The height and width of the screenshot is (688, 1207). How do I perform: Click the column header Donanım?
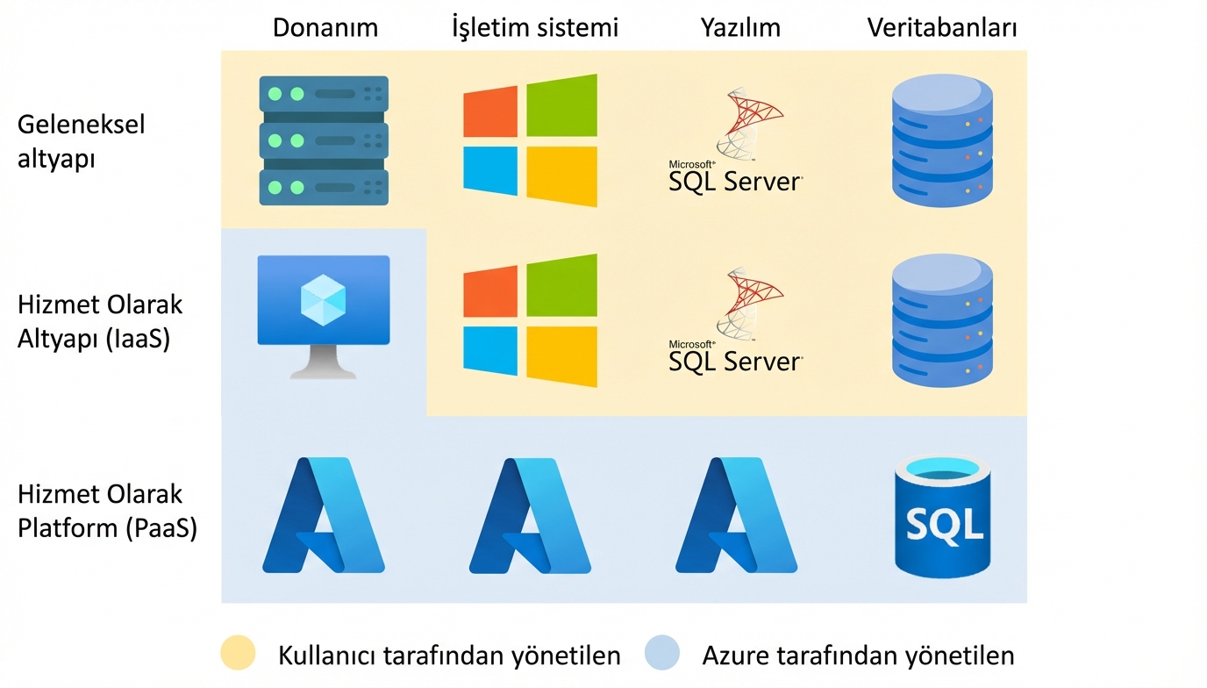click(x=325, y=27)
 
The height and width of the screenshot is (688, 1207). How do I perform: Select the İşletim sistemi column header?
click(x=534, y=27)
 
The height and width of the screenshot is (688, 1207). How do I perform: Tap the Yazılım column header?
click(x=740, y=27)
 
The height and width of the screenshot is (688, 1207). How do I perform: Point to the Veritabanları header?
click(x=942, y=27)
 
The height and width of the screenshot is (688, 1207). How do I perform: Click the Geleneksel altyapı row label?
click(x=81, y=141)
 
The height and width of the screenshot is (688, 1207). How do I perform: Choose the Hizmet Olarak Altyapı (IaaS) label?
click(x=100, y=322)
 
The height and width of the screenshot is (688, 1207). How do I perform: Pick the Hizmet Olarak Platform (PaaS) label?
click(x=107, y=511)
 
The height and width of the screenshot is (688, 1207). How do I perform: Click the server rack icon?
click(x=324, y=140)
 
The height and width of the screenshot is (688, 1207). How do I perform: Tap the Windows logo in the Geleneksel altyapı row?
click(x=530, y=140)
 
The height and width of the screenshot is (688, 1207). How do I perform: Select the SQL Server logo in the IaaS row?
click(x=735, y=320)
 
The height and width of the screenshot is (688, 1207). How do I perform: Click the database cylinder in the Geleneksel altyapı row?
click(x=942, y=140)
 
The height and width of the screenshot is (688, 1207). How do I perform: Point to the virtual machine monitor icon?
click(x=324, y=317)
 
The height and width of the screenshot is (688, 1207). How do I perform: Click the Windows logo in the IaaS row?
click(x=530, y=320)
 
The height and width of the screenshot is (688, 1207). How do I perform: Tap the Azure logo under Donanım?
click(x=324, y=515)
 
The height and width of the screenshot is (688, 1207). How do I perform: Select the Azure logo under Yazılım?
click(x=736, y=515)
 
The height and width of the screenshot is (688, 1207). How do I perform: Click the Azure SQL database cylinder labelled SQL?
click(x=942, y=516)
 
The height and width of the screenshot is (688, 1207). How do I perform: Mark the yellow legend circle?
click(x=238, y=653)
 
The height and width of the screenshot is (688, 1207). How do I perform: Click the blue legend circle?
click(x=661, y=653)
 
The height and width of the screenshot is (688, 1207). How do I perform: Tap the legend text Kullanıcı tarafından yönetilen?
click(x=449, y=656)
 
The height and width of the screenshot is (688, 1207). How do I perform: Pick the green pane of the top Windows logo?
click(x=561, y=105)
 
